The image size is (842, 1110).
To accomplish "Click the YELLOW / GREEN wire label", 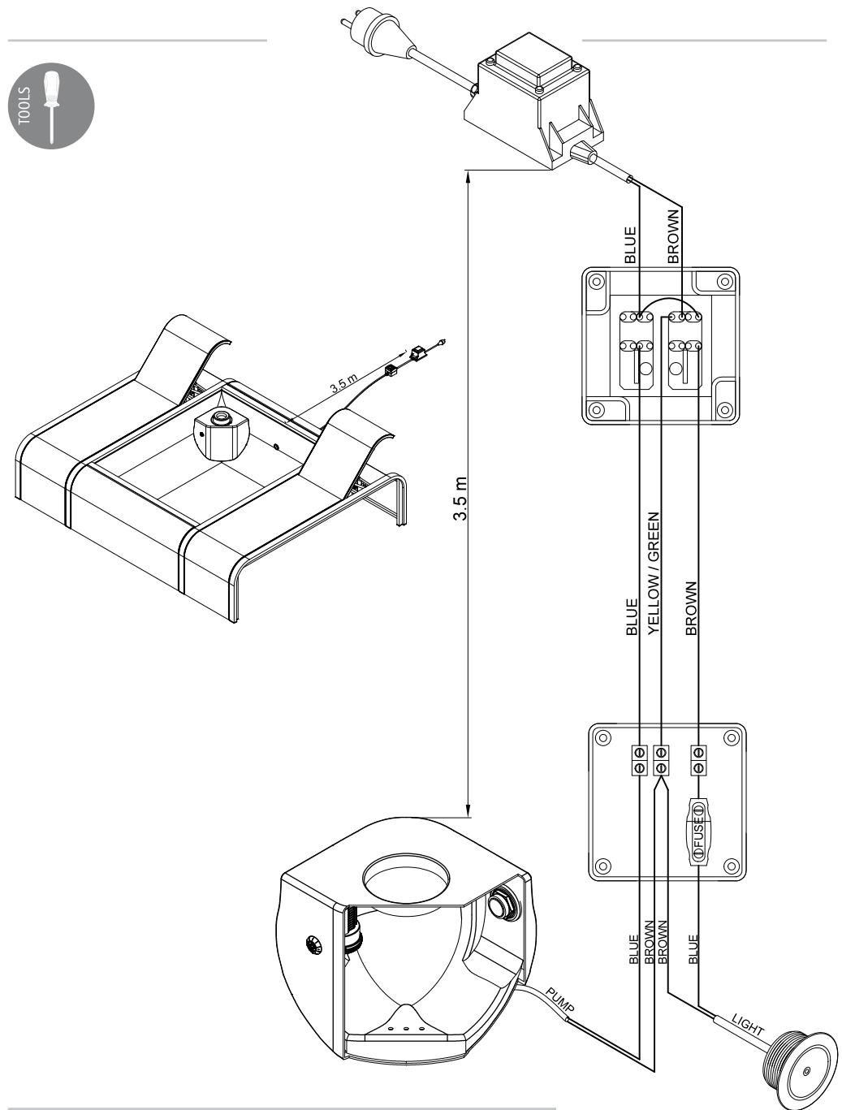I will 653,572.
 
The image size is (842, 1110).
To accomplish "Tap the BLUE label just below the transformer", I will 631,244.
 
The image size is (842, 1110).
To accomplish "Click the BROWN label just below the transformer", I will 672,236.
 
